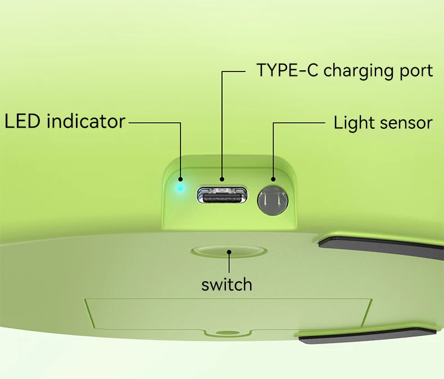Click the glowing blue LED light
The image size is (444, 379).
pyautogui.click(x=180, y=188)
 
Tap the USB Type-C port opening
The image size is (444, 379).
pyautogui.click(x=223, y=195)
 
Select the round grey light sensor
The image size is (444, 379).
pyautogui.click(x=273, y=200)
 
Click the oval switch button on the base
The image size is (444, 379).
pyautogui.click(x=229, y=251)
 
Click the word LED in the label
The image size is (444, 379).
pyautogui.click(x=22, y=121)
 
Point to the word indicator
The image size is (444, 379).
pyautogui.click(x=86, y=121)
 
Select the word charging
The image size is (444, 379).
pyautogui.click(x=359, y=71)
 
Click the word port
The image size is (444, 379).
pyautogui.click(x=416, y=71)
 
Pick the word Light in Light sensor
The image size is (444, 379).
pyautogui.click(x=354, y=123)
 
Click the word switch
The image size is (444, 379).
pyautogui.click(x=226, y=285)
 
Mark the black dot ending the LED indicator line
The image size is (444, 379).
pyautogui.click(x=180, y=179)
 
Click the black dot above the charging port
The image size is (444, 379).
pyautogui.click(x=222, y=179)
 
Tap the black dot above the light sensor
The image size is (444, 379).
pyautogui.click(x=273, y=179)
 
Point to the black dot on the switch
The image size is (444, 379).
pyautogui.click(x=229, y=252)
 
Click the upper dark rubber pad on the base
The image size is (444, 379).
pyautogui.click(x=379, y=245)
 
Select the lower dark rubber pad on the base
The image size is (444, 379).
pyautogui.click(x=368, y=336)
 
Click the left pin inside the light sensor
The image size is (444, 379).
pyautogui.click(x=264, y=200)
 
